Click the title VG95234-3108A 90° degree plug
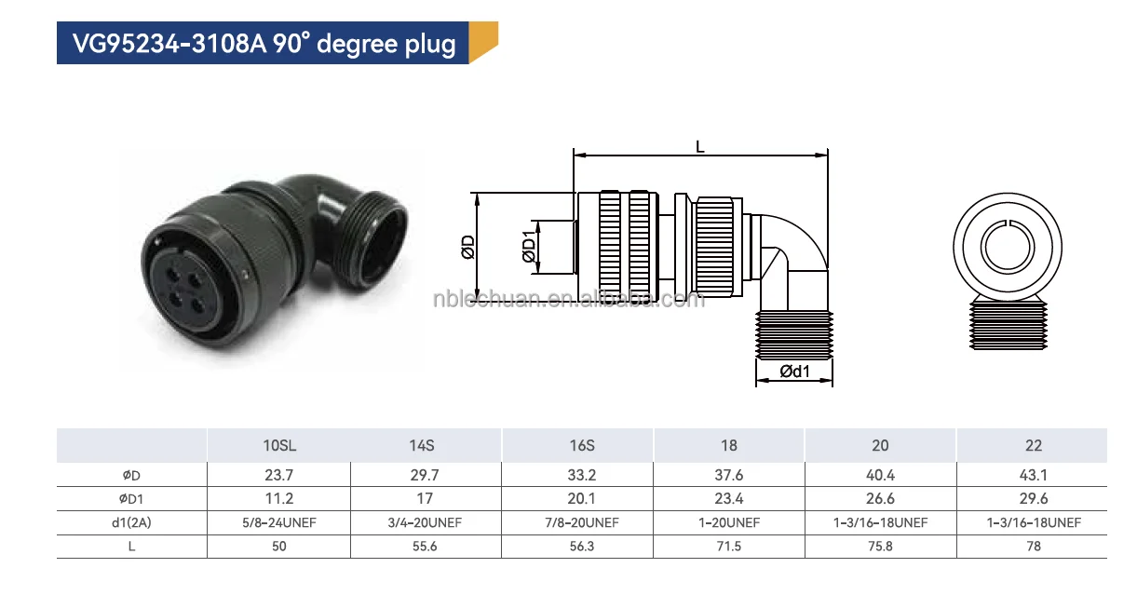pyautogui.click(x=264, y=44)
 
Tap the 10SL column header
pyautogui.click(x=279, y=446)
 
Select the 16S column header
pyautogui.click(x=582, y=446)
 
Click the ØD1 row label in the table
pyautogui.click(x=131, y=499)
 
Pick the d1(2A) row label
pyautogui.click(x=131, y=522)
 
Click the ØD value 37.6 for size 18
pyautogui.click(x=729, y=475)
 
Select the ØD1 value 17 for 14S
pyautogui.click(x=425, y=498)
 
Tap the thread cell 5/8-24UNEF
pyautogui.click(x=279, y=522)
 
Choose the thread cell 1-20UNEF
pyautogui.click(x=729, y=522)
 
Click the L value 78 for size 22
pyautogui.click(x=1034, y=547)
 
